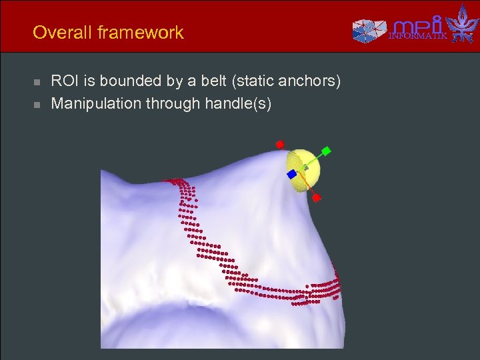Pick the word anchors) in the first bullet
coord(313,81)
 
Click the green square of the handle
coord(326,151)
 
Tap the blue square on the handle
coord(291,174)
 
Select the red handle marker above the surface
coord(281,143)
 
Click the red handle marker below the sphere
coord(316,197)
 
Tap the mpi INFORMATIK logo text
coord(419,29)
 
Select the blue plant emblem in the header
coord(462,24)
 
